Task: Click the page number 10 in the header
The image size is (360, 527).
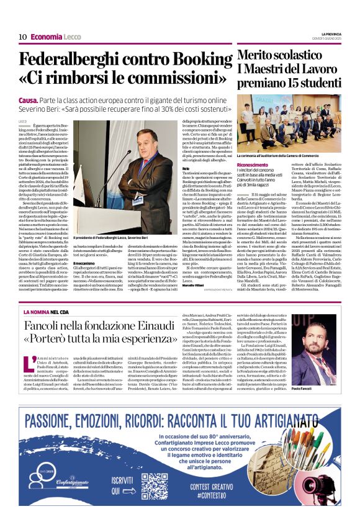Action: pyautogui.click(x=22, y=37)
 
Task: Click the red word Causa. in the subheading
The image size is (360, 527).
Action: pyautogui.click(x=28, y=100)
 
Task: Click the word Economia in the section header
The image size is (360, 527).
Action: pyautogui.click(x=47, y=37)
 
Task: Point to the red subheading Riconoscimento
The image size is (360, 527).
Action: pyautogui.click(x=253, y=164)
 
